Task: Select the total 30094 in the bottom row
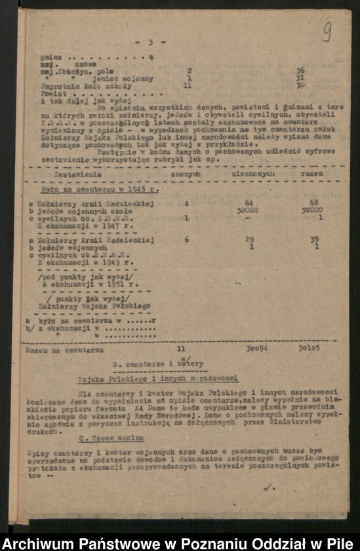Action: pyautogui.click(x=249, y=350)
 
